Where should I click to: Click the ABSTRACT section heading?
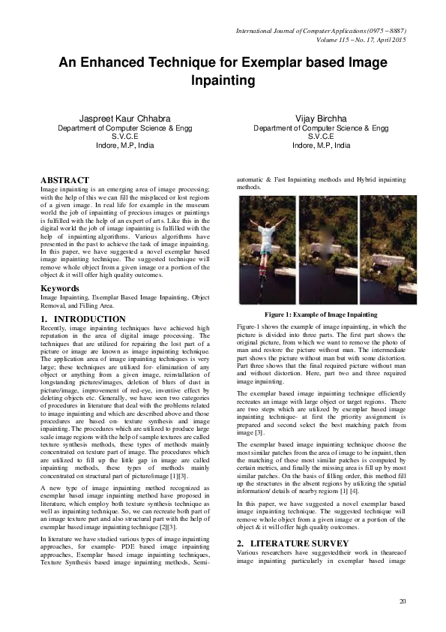pos(63,181)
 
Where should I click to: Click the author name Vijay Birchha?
pos(321,119)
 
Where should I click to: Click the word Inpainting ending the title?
pos(223,80)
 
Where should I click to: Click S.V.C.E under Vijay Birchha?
pos(321,137)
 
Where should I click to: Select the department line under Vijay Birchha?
pos(321,128)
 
